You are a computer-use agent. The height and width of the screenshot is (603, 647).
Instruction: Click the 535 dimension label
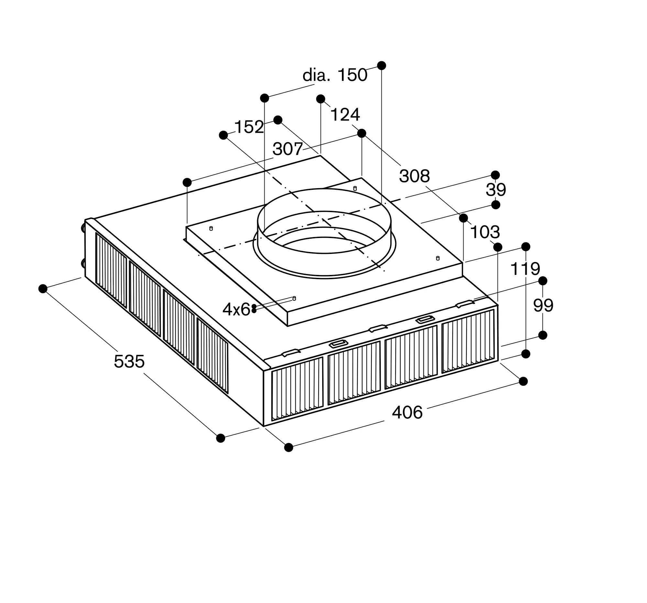click(129, 361)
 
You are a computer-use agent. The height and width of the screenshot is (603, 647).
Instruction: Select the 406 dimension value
click(407, 413)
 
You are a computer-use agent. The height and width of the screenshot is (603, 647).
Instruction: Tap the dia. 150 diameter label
click(334, 75)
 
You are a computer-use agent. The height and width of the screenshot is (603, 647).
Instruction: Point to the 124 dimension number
click(345, 115)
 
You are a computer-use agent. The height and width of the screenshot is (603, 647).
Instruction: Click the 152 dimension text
click(249, 127)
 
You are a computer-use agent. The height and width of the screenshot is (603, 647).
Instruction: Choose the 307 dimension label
click(288, 149)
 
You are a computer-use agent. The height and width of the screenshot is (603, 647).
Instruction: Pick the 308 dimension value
click(414, 176)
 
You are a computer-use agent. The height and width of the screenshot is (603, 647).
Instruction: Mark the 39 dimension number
click(496, 189)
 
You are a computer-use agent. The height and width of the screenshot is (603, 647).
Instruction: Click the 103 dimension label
click(485, 232)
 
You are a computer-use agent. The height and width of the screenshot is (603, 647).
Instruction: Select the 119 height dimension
click(525, 269)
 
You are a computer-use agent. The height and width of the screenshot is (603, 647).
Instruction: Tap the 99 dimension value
click(543, 305)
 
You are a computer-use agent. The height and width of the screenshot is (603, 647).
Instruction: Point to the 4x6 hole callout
click(236, 309)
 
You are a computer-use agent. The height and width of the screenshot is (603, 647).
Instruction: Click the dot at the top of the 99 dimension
click(543, 281)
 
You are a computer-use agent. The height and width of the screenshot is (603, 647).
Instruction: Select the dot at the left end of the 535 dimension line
click(43, 289)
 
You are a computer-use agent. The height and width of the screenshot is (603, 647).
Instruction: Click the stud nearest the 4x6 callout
click(294, 298)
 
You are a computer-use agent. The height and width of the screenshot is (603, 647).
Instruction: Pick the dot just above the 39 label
click(495, 175)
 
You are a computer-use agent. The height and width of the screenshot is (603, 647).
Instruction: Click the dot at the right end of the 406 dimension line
click(523, 381)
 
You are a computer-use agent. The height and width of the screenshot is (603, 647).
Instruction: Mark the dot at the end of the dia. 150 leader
click(381, 65)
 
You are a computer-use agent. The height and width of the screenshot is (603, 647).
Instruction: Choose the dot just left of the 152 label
click(223, 135)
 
